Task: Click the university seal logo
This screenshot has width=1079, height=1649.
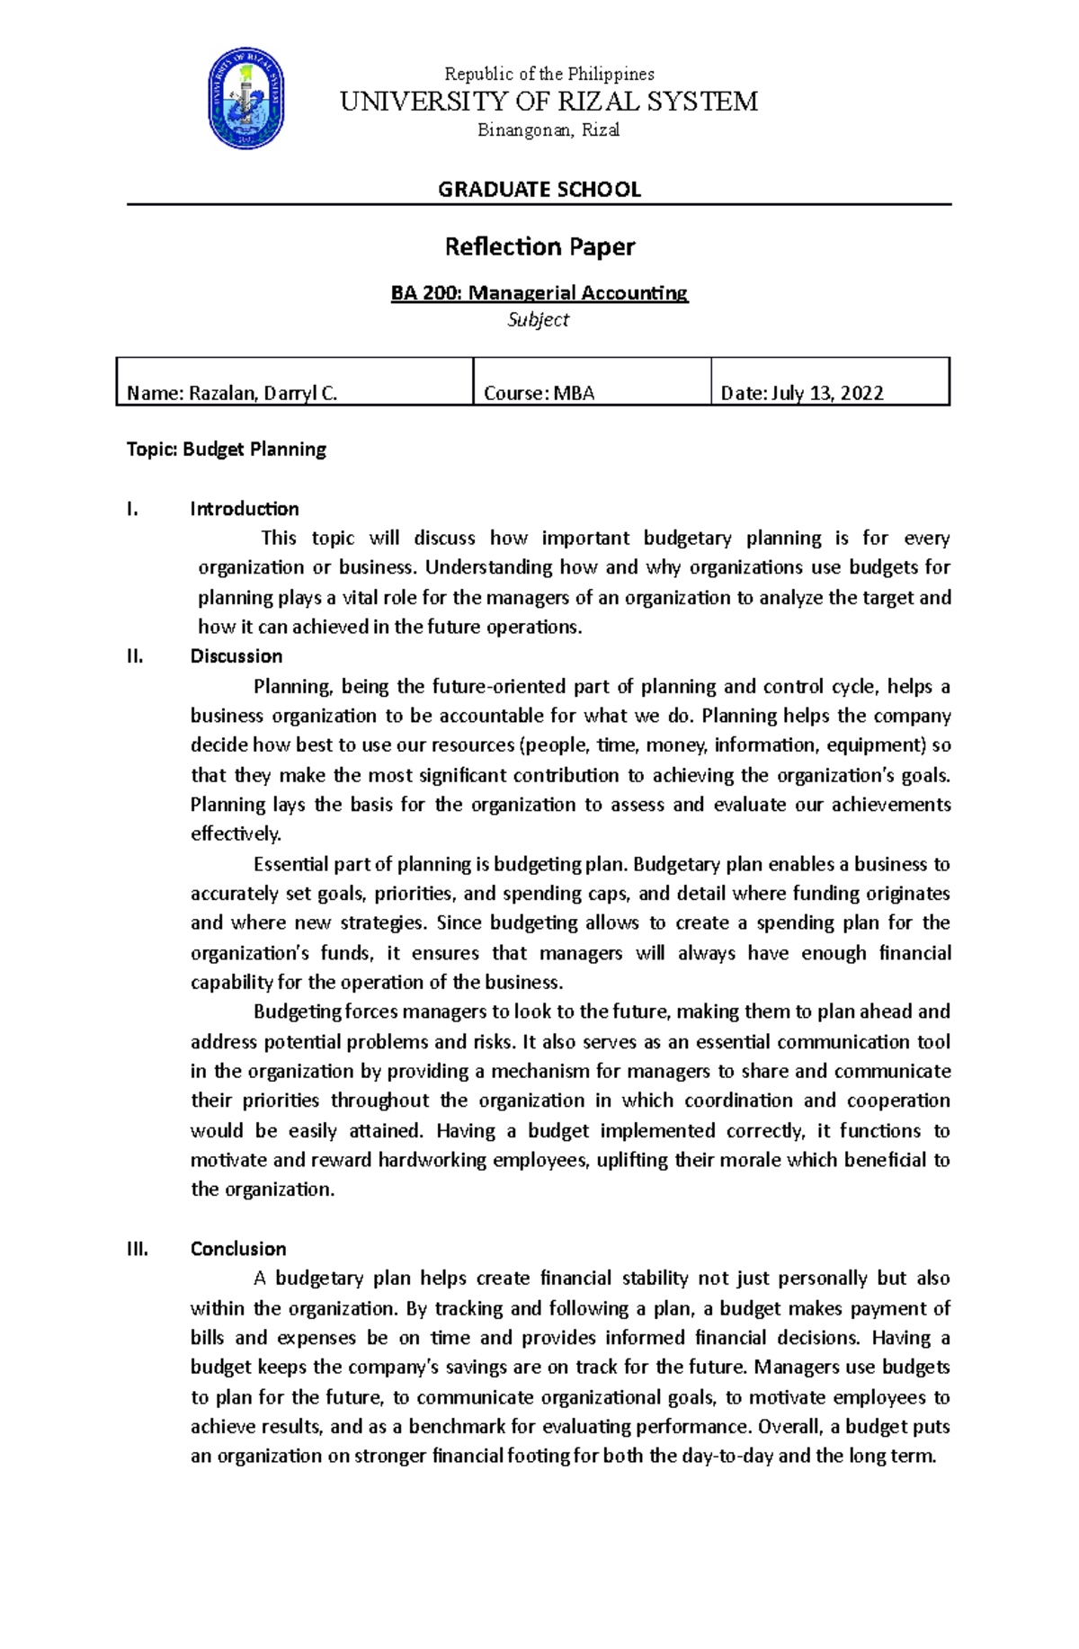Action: (246, 99)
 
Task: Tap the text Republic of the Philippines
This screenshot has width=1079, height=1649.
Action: (549, 74)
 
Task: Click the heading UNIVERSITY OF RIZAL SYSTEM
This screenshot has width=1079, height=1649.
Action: (548, 102)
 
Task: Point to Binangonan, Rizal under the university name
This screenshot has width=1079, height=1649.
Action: (548, 130)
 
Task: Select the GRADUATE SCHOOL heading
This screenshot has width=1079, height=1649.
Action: (539, 189)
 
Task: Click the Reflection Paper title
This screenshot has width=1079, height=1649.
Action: (539, 246)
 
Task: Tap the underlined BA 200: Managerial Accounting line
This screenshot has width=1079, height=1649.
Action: (539, 292)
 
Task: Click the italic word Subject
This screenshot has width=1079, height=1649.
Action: (538, 319)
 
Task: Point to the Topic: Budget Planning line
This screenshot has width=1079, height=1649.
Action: (226, 449)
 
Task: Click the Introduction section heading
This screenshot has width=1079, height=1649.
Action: (244, 509)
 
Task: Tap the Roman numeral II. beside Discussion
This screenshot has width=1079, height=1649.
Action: (135, 655)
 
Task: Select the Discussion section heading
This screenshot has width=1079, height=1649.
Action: (236, 655)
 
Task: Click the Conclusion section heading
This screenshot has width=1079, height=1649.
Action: (237, 1248)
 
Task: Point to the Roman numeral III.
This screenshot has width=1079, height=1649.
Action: (138, 1248)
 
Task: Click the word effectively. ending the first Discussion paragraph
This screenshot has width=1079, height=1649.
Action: (236, 833)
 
